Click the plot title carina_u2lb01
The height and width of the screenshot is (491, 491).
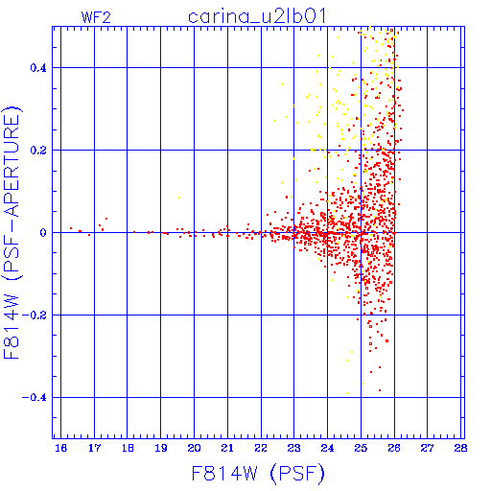257,16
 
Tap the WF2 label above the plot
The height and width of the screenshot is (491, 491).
96,17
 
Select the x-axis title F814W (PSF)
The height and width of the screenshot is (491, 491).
258,474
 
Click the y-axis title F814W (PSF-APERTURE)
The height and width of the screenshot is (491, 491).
12,232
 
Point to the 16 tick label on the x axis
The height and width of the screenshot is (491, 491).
60,448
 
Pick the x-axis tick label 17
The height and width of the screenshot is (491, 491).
94,448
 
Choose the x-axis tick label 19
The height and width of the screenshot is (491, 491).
161,448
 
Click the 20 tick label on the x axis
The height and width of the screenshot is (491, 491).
194,448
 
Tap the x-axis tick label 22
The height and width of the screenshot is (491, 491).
261,448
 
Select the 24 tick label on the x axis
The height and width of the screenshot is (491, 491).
327,448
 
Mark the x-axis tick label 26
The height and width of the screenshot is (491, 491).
394,448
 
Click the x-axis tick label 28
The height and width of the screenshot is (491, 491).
460,448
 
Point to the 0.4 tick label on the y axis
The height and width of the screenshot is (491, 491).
38,68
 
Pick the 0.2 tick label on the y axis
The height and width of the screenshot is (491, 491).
38,151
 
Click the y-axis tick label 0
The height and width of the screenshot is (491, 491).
43,233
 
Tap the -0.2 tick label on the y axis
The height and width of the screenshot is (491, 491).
35,316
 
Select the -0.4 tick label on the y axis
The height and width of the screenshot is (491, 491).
35,398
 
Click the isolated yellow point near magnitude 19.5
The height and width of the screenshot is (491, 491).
179,198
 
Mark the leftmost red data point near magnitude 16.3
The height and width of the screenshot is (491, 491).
71,228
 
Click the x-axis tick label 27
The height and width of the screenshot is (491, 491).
428,448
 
